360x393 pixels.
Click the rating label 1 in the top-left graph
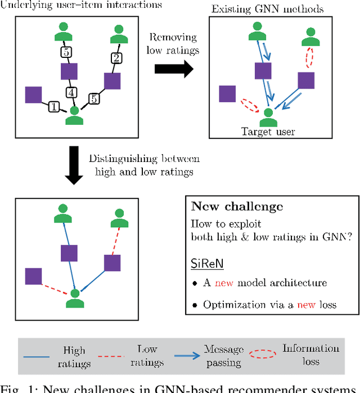pyautogui.click(x=54, y=105)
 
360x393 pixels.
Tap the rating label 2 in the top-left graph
pyautogui.click(x=115, y=57)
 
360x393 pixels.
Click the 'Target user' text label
pyautogui.click(x=268, y=132)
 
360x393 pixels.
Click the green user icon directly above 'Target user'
pyautogui.click(x=268, y=115)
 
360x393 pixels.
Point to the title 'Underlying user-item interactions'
pyautogui.click(x=82, y=4)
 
